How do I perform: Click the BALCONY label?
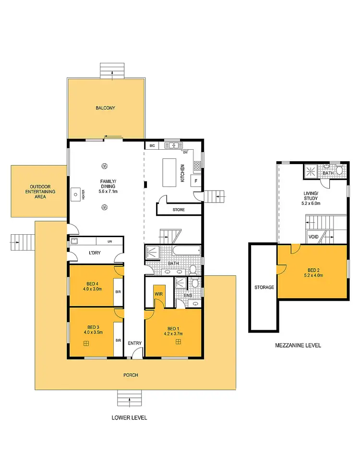105,108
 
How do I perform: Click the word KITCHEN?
182,173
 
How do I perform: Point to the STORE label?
178,210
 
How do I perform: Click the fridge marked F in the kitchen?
195,181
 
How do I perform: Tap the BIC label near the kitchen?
152,145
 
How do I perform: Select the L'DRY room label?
94,252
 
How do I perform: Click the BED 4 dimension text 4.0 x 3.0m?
90,289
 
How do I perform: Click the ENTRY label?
135,343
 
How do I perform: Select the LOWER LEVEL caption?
129,418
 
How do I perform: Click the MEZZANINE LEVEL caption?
298,345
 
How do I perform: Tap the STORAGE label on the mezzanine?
264,288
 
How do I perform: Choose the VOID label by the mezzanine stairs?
313,237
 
